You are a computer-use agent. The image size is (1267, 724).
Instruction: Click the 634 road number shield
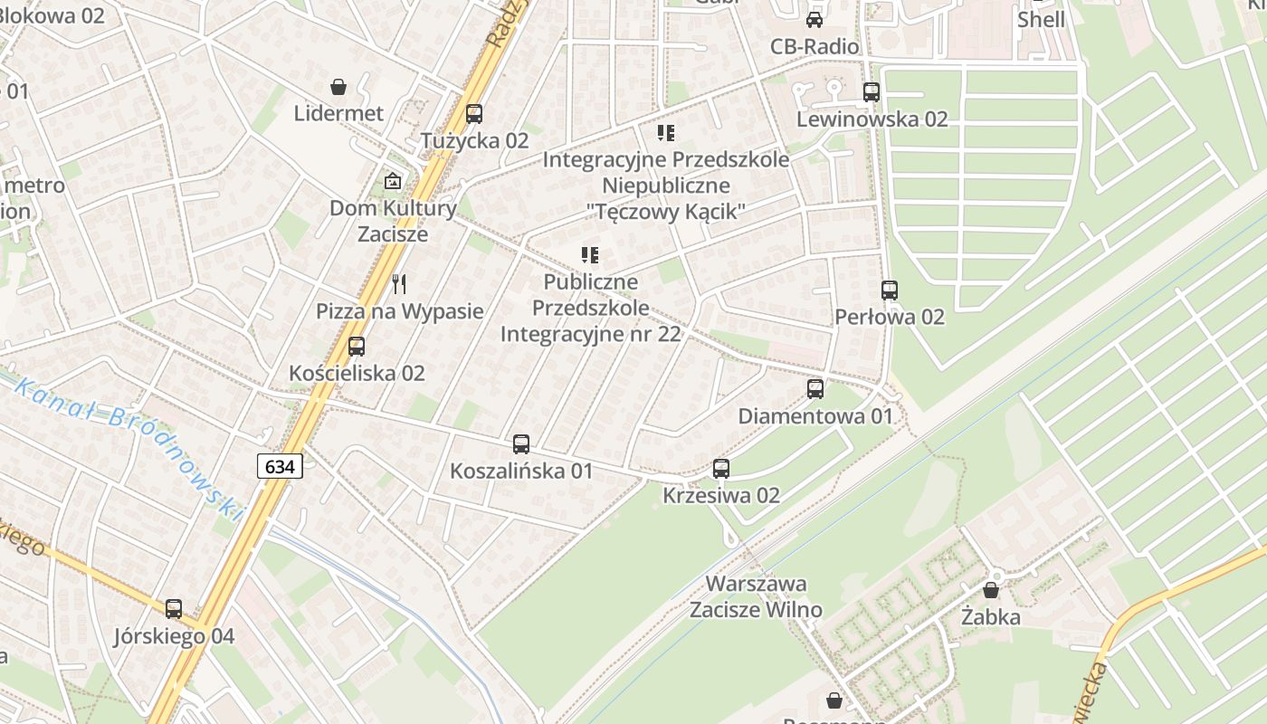point(280,467)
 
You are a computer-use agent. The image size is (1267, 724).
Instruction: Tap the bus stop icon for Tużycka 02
point(474,114)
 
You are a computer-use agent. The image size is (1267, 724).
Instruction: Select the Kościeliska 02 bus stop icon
point(357,347)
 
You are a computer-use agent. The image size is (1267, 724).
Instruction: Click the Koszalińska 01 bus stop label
point(521,471)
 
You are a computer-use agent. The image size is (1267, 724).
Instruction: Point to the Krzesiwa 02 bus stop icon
point(721,469)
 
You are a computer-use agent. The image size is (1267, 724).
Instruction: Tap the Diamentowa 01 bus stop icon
point(815,389)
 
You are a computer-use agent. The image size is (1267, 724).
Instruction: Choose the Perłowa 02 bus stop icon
point(890,291)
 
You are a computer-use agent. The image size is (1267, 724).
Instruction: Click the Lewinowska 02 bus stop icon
point(872,92)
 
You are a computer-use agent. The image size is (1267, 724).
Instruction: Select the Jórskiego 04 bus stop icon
point(174,609)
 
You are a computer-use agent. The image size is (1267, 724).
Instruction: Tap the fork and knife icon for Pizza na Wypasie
point(399,284)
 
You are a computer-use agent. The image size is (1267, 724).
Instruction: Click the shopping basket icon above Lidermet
point(338,87)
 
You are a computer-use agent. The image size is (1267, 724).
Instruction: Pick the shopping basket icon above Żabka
point(991,590)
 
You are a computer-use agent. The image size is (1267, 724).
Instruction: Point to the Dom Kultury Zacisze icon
point(393,181)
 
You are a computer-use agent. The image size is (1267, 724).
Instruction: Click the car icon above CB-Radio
point(814,20)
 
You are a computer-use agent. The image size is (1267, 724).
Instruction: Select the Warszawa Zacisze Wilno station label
point(756,596)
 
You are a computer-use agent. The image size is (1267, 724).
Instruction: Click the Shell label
point(1041,19)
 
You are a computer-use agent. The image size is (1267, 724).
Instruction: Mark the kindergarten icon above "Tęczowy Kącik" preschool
point(666,134)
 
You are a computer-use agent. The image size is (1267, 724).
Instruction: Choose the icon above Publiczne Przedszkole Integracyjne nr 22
point(590,256)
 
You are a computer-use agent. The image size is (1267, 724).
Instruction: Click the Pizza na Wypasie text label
point(399,311)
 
